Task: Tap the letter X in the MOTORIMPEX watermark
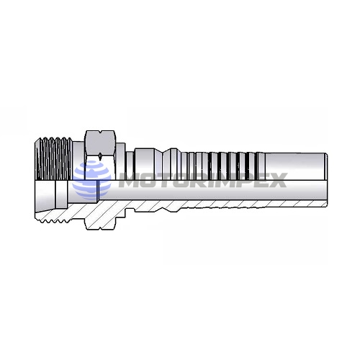click(x=276, y=179)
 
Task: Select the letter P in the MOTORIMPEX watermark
click(x=238, y=179)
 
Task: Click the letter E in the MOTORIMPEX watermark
click(x=257, y=179)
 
